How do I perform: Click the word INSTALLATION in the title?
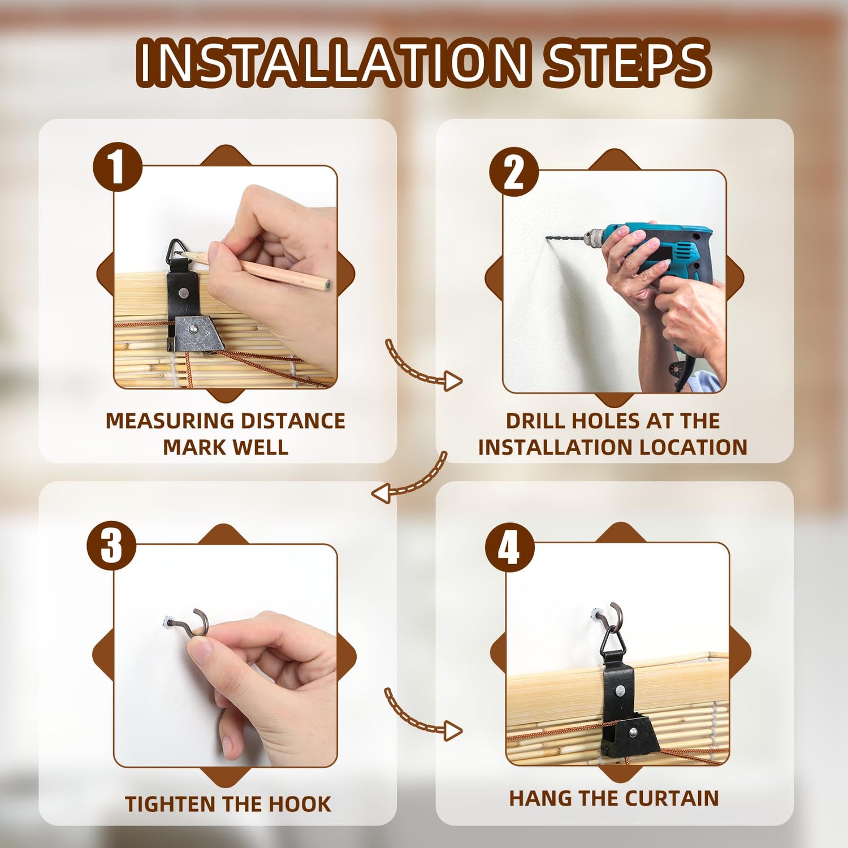pos(334,62)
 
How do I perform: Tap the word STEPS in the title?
pos(626,62)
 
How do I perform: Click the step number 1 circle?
pos(117,167)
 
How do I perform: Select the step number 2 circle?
pos(513,172)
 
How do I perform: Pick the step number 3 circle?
pos(111,546)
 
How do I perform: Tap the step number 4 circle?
pos(509,547)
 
